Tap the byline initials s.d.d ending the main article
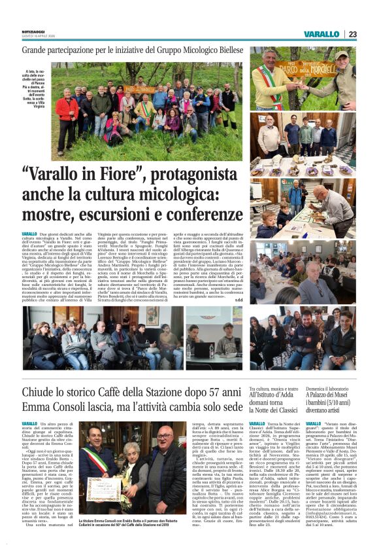238,298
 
